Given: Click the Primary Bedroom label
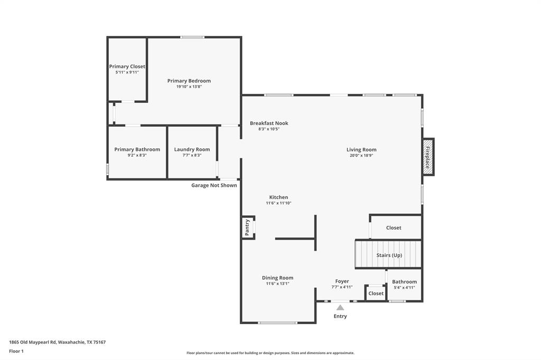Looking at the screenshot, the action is tap(189, 81).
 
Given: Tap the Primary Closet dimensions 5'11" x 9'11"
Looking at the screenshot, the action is tap(127, 72).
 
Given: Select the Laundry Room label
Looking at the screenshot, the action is tap(192, 149).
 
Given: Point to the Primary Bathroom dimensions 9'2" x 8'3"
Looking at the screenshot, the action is tap(137, 155).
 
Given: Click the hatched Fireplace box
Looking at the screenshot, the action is tap(428, 157).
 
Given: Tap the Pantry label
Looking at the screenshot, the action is tap(247, 228).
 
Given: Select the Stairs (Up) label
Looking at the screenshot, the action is tap(389, 255).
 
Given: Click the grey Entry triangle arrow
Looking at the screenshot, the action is tap(340, 307).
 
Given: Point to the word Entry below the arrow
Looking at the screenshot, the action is tap(340, 316).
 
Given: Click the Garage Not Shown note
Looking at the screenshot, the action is tap(214, 185).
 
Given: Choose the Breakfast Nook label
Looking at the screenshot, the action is tap(269, 123).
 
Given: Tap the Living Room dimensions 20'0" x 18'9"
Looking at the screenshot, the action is tap(361, 155).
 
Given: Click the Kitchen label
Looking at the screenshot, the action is tap(278, 197).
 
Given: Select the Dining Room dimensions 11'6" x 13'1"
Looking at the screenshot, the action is tap(277, 283).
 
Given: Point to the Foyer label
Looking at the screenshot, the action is tap(342, 281).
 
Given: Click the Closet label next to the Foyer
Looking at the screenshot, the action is tap(376, 293).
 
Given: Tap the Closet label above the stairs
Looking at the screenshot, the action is tap(394, 228).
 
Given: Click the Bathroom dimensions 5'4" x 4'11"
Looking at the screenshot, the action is tap(404, 287).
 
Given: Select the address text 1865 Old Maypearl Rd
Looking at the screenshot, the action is tap(33, 343).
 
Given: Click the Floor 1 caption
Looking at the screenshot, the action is tap(16, 352).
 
